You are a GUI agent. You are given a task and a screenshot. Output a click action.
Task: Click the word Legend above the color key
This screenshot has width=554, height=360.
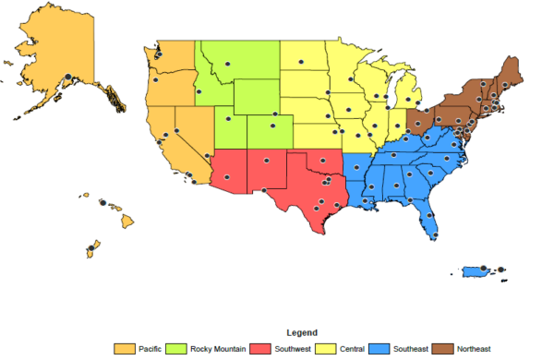(301, 332)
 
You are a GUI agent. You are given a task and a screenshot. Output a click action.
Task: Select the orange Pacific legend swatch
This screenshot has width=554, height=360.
(124, 348)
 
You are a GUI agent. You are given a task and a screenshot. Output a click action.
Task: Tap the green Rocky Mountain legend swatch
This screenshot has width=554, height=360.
(176, 348)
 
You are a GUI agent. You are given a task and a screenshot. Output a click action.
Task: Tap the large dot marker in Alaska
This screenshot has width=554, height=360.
(67, 77)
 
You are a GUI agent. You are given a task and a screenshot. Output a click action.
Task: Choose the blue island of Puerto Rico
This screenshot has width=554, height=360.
(475, 271)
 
